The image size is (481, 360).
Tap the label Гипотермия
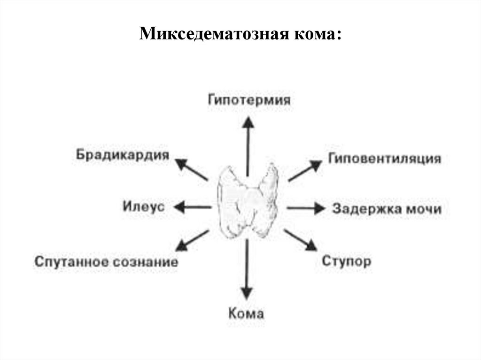(249, 100)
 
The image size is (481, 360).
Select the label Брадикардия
(122, 155)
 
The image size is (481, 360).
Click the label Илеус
(144, 206)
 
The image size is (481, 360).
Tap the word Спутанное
(72, 262)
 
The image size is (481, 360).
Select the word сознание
(145, 262)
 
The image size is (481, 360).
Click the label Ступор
(346, 261)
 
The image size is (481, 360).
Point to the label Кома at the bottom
(246, 313)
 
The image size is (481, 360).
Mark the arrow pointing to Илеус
(192, 207)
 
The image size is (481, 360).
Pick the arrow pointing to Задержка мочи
(305, 208)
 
